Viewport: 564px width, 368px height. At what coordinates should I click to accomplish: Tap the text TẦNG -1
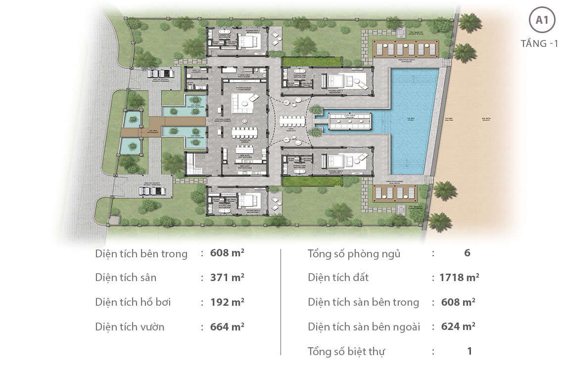pos(539,43)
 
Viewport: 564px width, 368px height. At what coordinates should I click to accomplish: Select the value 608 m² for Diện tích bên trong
pos(227,253)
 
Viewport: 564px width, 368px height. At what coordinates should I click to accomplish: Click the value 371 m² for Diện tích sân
pos(227,278)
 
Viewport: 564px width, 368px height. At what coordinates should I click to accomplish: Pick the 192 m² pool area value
pos(227,302)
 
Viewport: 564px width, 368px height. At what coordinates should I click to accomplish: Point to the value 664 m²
pos(227,327)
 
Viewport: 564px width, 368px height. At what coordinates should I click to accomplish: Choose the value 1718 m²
pos(459,278)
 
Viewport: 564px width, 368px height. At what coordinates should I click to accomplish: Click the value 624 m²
pos(458,327)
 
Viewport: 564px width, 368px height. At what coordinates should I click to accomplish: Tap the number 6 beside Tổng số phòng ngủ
pos(467,253)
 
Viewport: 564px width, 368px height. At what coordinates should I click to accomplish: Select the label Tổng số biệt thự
pos(346,351)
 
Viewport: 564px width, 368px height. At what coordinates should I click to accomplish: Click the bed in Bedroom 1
pos(249,40)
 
